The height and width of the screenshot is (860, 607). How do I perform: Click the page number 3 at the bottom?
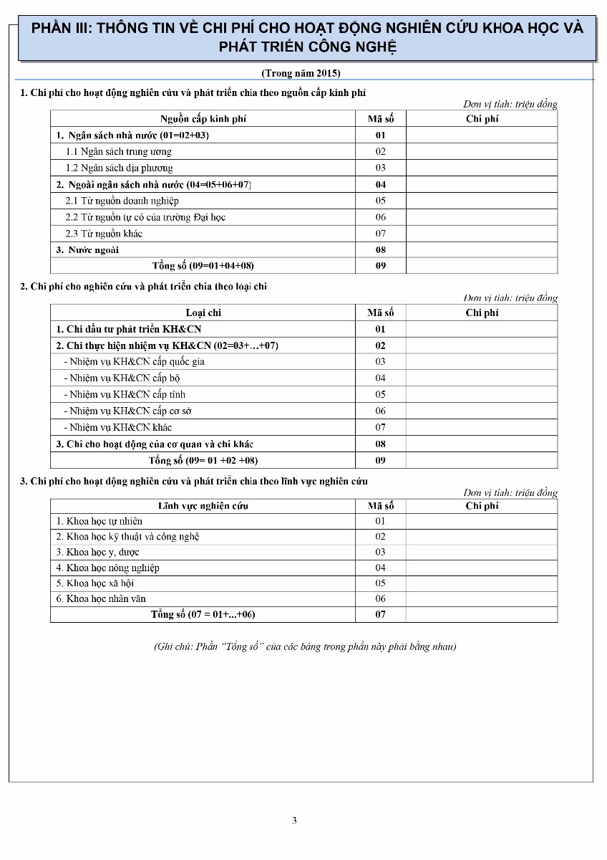pyautogui.click(x=294, y=821)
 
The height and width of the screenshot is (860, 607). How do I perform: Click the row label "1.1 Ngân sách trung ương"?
pyautogui.click(x=119, y=152)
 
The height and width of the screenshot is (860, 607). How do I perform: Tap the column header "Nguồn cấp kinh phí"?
pyautogui.click(x=203, y=119)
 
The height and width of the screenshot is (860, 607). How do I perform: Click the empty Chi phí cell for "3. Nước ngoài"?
pyautogui.click(x=481, y=250)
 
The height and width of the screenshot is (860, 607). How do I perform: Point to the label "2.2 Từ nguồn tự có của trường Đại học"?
pyautogui.click(x=145, y=217)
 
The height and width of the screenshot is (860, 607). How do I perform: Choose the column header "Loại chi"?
pyautogui.click(x=203, y=312)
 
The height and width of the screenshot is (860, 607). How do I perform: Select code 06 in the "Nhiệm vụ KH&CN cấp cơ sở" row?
pyautogui.click(x=380, y=411)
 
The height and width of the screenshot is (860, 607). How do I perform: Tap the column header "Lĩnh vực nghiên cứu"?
pyautogui.click(x=203, y=506)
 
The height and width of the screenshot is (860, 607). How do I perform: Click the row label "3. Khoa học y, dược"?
pyautogui.click(x=98, y=553)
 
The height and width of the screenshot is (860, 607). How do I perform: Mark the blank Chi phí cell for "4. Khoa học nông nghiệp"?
pyautogui.click(x=481, y=568)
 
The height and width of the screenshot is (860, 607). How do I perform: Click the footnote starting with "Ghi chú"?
pyautogui.click(x=305, y=646)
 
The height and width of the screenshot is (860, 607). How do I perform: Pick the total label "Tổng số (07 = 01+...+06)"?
pyautogui.click(x=203, y=614)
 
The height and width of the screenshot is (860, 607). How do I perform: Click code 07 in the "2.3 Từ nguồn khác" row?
pyautogui.click(x=380, y=234)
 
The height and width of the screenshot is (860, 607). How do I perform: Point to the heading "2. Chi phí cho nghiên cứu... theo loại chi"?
pyautogui.click(x=143, y=287)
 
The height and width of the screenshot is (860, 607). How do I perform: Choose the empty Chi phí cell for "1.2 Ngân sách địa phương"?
pyautogui.click(x=481, y=168)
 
